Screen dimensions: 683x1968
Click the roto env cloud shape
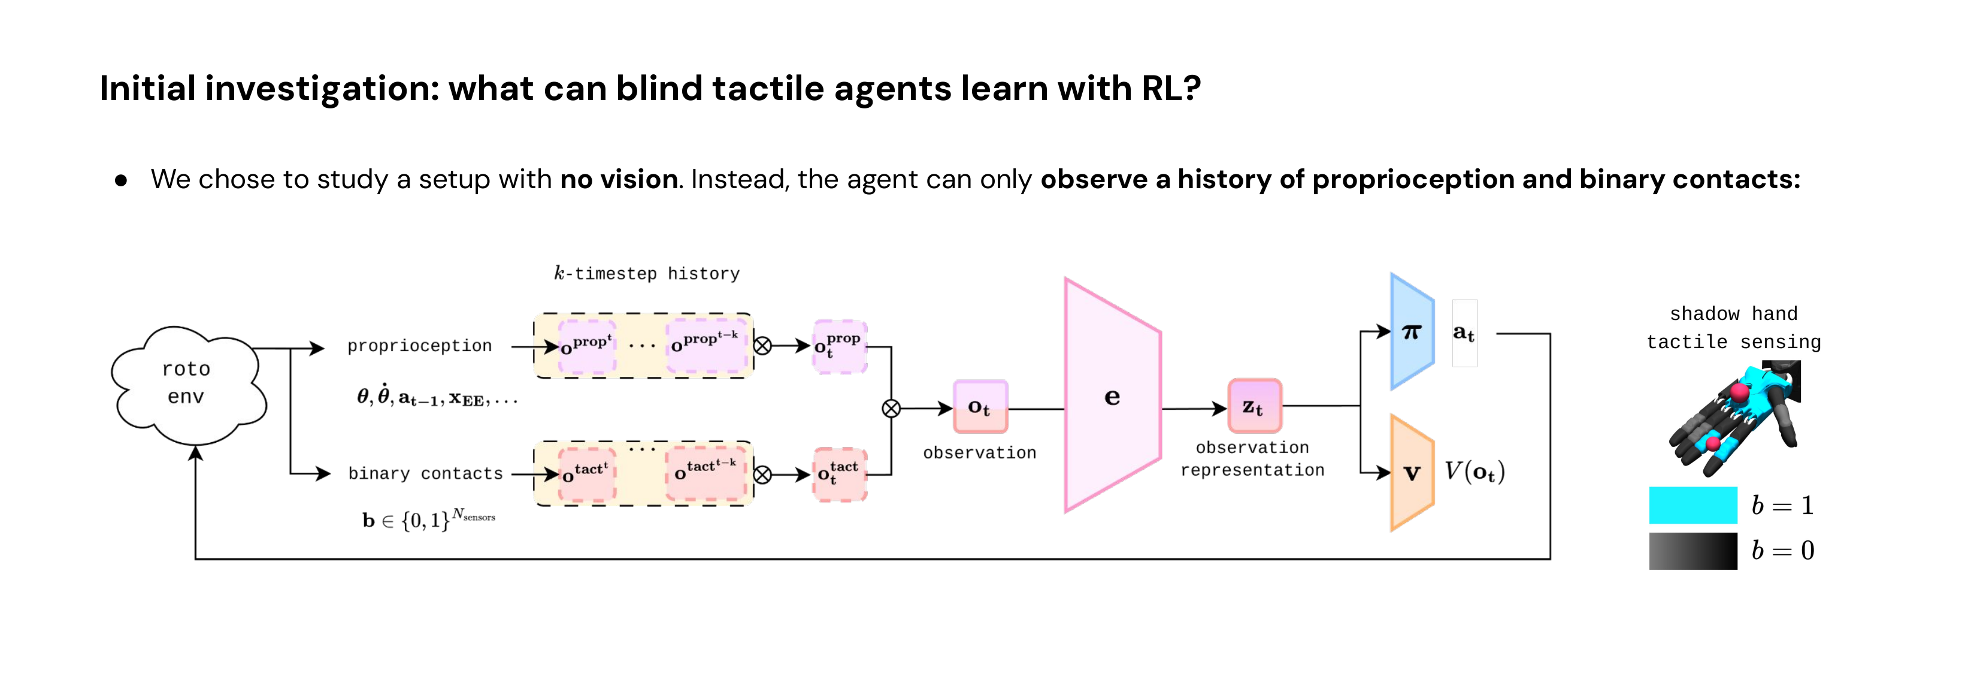[187, 384]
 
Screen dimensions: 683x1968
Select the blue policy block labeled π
[1410, 331]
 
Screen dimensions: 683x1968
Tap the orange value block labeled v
[1411, 472]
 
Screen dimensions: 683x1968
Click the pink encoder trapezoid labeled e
[1112, 396]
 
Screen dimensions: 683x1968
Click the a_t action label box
[1463, 333]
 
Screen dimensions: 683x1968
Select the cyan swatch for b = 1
[1693, 505]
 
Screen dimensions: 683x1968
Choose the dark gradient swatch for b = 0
[1693, 550]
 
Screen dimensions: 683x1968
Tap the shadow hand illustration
[1735, 419]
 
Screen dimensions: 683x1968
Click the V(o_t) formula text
[1474, 472]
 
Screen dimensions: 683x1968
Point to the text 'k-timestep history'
[646, 274]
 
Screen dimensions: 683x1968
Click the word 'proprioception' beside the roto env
[419, 346]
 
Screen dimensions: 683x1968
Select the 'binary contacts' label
[426, 474]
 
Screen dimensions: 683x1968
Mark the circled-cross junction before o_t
[891, 409]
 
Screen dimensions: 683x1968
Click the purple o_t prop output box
[839, 346]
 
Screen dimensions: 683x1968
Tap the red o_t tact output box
[839, 475]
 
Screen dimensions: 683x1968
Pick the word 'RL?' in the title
[1170, 89]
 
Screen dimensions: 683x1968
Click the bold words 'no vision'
[619, 180]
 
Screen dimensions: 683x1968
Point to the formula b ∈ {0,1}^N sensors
[428, 519]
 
